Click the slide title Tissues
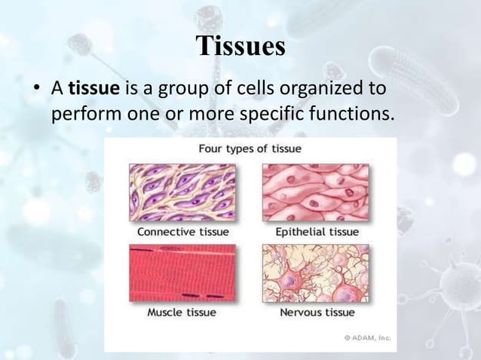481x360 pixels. coord(240,46)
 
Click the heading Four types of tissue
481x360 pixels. coord(250,148)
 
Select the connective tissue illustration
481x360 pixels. coord(182,192)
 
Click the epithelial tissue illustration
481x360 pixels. coord(315,192)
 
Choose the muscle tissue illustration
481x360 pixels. coord(182,272)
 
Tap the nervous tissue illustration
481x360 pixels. coord(315,272)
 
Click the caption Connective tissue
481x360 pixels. coord(182,231)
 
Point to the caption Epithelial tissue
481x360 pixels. coord(315,231)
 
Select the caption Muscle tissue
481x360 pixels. coord(182,312)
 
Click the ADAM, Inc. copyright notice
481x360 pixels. coord(367,338)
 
